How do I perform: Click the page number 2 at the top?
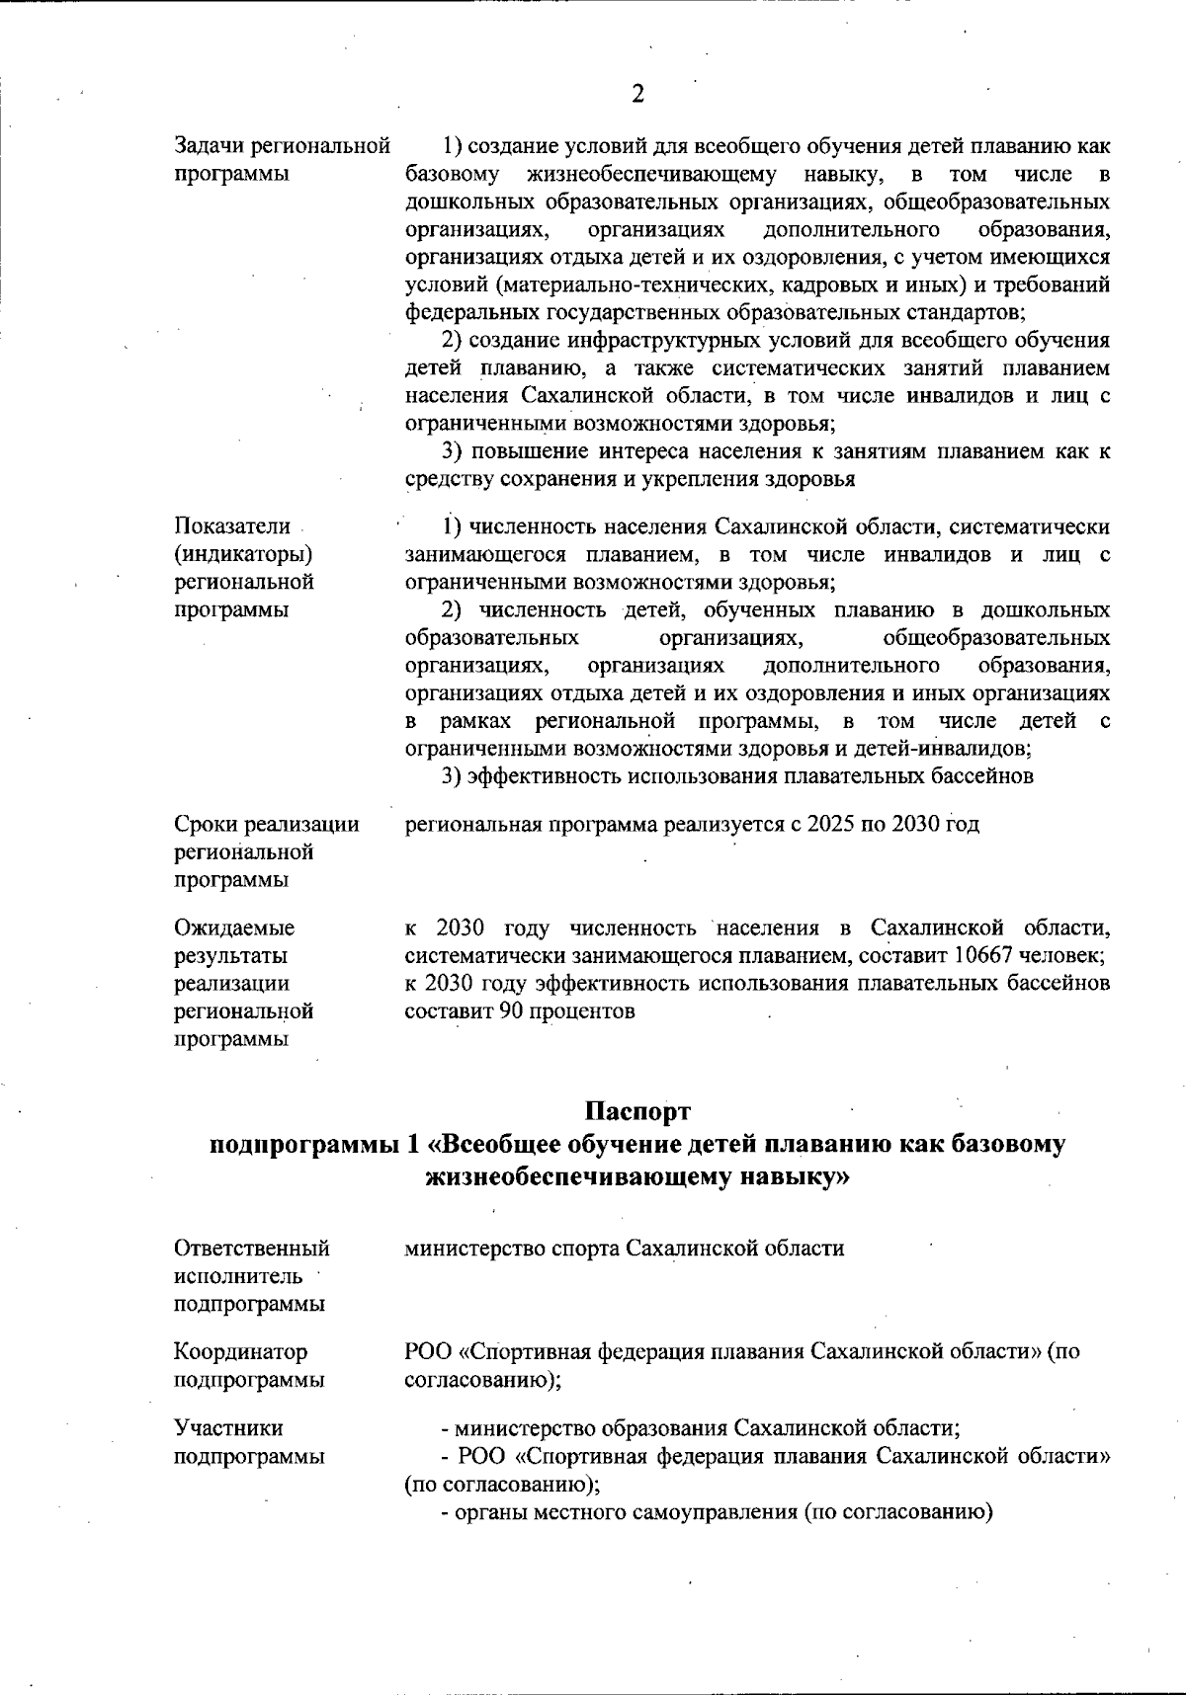[x=637, y=95]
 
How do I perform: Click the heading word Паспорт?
[x=637, y=1112]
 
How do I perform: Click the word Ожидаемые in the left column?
[x=234, y=928]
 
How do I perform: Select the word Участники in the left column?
[x=228, y=1428]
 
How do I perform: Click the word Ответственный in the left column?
[x=252, y=1249]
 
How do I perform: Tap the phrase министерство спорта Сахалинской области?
[x=625, y=1249]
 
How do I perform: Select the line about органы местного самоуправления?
[x=716, y=1512]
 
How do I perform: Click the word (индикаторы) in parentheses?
[x=243, y=554]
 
